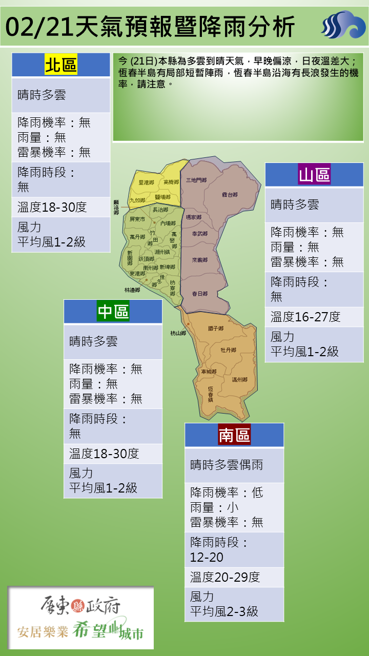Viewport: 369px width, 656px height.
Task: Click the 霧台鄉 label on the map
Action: pos(230,195)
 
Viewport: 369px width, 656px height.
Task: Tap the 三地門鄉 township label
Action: pos(196,180)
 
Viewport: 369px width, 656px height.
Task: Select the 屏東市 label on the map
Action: pos(137,219)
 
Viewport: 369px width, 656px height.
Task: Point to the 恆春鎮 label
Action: pos(211,393)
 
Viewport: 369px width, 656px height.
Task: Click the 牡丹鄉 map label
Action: pos(228,350)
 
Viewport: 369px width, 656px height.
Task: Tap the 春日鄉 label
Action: pos(199,294)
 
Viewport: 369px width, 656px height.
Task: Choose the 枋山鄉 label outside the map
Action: pos(178,333)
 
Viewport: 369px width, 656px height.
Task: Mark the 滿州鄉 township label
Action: pos(239,380)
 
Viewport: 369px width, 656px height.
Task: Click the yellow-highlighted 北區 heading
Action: pos(61,65)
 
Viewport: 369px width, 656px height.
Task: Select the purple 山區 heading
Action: pos(314,175)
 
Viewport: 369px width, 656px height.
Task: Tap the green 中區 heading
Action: pos(113,312)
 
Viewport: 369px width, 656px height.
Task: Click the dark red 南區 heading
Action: pos(234,435)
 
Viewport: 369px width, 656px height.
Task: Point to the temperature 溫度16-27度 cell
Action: pos(305,317)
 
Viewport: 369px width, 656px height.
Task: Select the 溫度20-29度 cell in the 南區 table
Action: pos(225,577)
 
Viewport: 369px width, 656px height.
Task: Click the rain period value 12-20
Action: pos(207,557)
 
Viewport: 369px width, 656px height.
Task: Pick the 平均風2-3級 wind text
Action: pos(224,611)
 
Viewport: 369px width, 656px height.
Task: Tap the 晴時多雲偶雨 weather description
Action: pos(227,465)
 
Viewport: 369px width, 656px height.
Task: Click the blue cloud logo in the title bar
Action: pos(343,25)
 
